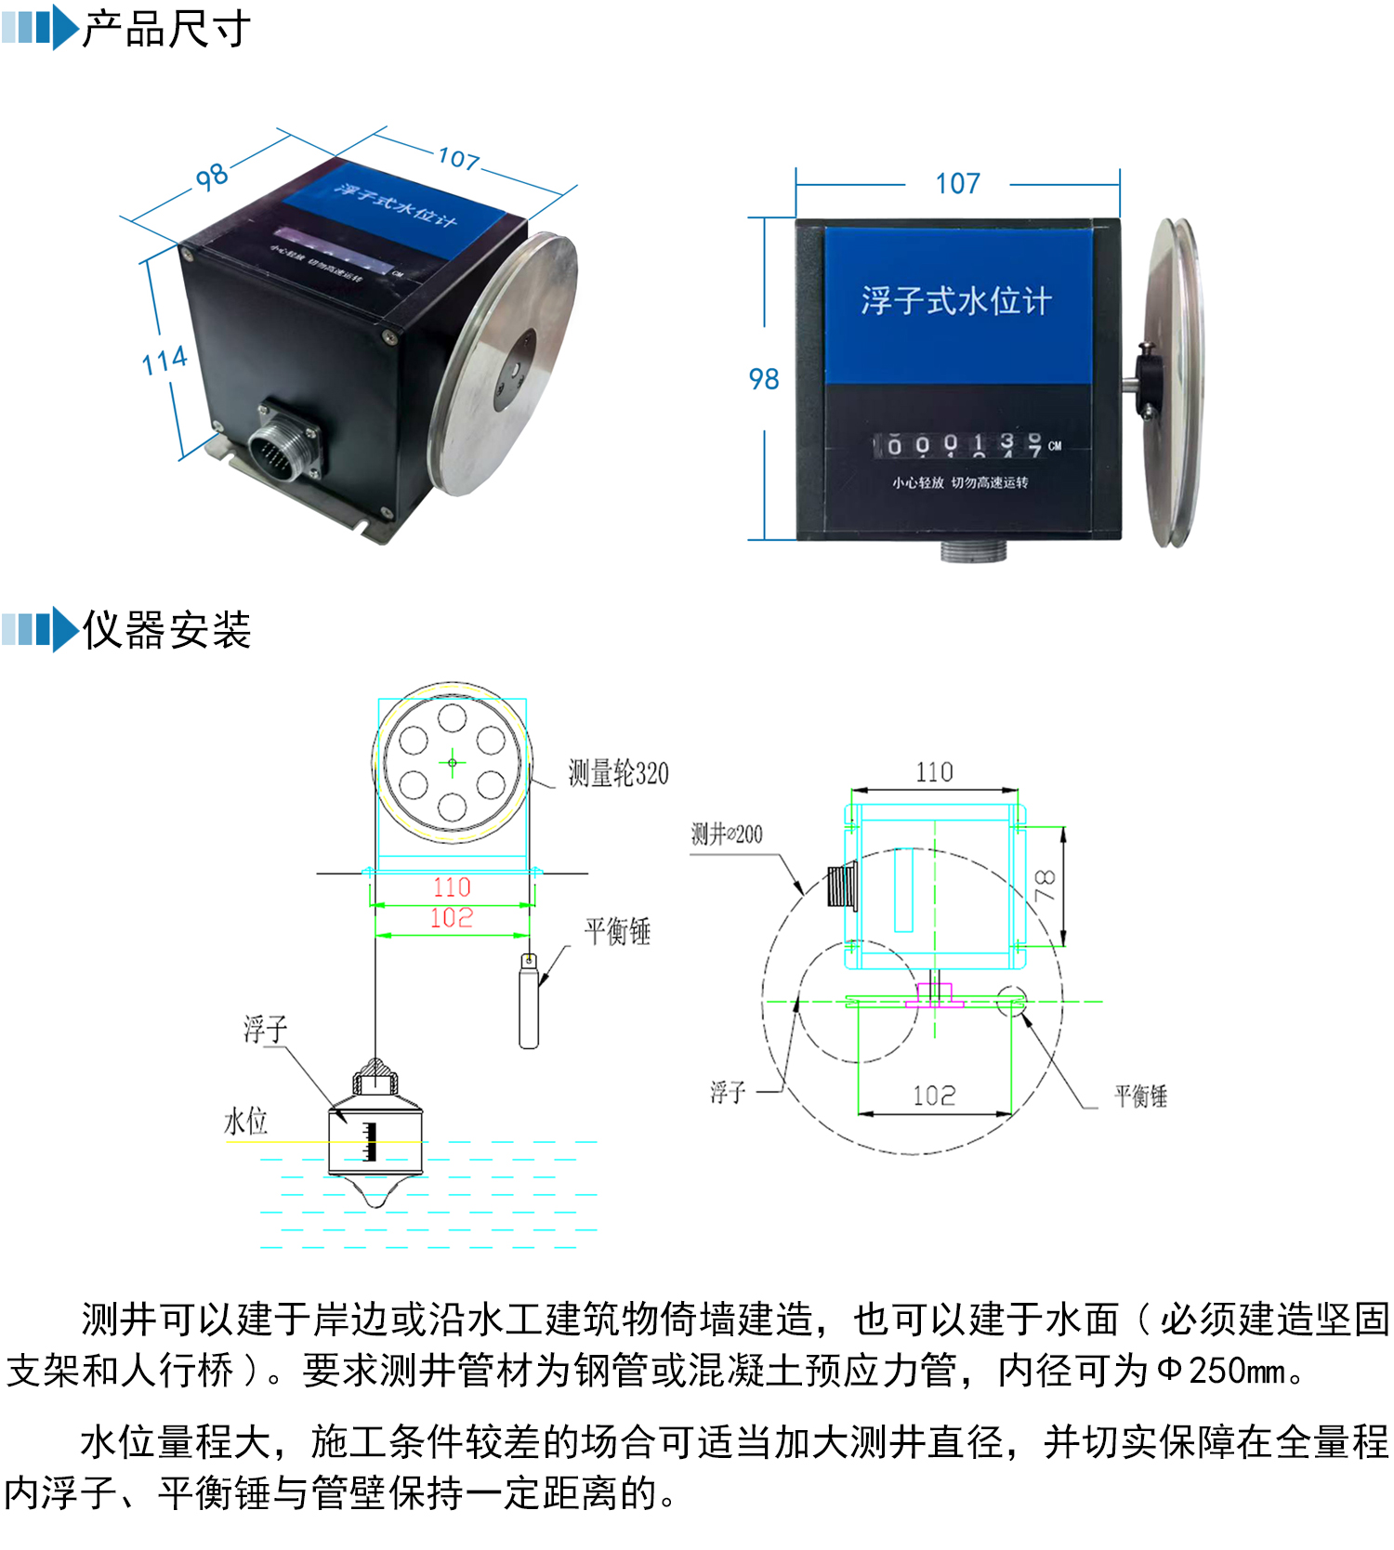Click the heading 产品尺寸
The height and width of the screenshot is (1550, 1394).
[165, 29]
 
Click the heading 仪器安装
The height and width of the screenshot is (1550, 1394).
[165, 630]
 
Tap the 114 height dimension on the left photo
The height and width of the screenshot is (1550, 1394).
[164, 361]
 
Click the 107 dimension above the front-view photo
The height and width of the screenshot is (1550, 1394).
[957, 183]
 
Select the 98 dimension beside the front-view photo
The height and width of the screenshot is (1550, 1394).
[764, 378]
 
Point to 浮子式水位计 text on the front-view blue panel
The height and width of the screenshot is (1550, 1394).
[956, 300]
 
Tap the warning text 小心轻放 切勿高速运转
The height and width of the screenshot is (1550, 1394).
[960, 482]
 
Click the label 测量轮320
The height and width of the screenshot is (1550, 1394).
[618, 773]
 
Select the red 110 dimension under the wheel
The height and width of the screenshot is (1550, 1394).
[452, 887]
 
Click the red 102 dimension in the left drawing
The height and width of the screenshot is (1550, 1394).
[452, 918]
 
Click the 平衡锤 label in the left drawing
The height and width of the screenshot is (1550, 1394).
[617, 931]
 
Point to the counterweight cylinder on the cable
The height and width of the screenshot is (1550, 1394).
[529, 1004]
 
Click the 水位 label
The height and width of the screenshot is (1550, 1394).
[245, 1122]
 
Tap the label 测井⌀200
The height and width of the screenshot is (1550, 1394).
[727, 834]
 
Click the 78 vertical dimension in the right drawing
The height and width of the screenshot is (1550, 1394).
[1045, 885]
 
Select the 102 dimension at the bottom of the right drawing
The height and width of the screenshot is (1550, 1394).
[934, 1096]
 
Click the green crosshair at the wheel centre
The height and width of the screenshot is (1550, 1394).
[453, 763]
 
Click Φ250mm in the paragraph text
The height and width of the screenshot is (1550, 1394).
[1222, 1371]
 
